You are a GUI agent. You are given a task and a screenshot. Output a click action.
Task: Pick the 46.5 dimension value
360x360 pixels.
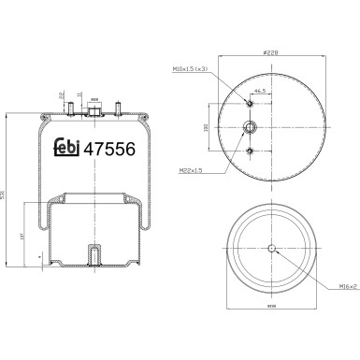tap(259, 91)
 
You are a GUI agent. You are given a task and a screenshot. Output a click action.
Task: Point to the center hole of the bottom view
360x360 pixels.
tap(272, 248)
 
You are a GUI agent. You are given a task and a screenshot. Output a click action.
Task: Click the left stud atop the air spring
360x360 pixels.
tap(70, 108)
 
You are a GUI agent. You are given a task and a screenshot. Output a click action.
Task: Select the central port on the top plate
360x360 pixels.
tap(94, 109)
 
